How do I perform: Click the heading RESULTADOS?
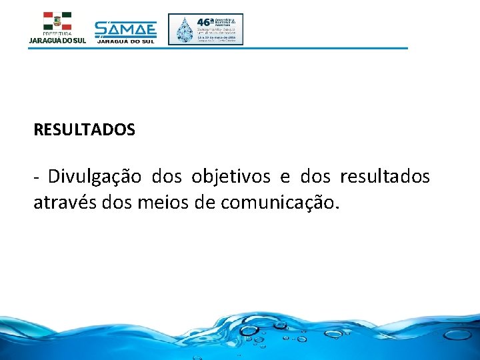click(x=84, y=130)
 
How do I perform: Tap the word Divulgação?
click(x=95, y=177)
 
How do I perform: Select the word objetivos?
click(x=231, y=177)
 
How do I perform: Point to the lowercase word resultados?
click(x=385, y=177)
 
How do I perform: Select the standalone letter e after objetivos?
click(x=285, y=178)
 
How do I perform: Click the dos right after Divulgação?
click(x=166, y=177)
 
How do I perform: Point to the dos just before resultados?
click(x=315, y=177)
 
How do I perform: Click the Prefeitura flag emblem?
click(x=57, y=21)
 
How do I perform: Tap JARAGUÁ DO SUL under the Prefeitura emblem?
click(x=57, y=41)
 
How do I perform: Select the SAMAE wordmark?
click(x=125, y=29)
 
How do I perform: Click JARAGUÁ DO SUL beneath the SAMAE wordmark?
click(x=125, y=41)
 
